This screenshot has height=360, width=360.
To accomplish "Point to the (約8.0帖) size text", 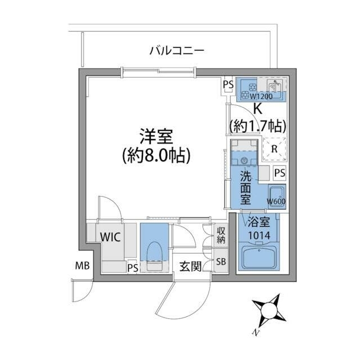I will click(x=156, y=155).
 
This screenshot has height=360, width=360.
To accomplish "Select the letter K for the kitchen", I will click(x=258, y=109).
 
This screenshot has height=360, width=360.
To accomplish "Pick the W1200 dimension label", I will click(x=261, y=96).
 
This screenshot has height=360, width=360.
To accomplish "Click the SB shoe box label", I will click(x=222, y=262).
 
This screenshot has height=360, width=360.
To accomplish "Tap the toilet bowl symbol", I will click(x=154, y=250).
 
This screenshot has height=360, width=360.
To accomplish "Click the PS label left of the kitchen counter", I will click(x=228, y=85).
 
